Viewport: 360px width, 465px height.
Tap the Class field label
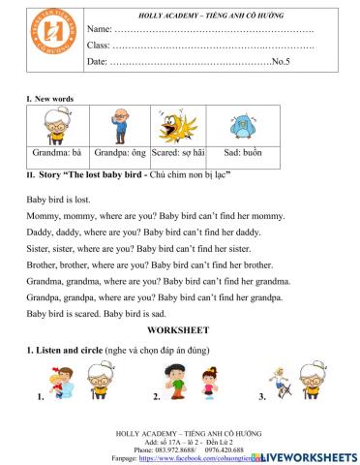(100, 46)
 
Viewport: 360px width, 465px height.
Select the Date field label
(98, 62)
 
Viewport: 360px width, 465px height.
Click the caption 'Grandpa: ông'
(119, 153)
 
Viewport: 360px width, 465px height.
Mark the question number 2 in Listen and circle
(157, 398)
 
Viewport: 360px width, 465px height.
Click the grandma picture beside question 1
(100, 381)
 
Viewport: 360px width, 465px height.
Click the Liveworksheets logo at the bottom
(309, 454)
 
